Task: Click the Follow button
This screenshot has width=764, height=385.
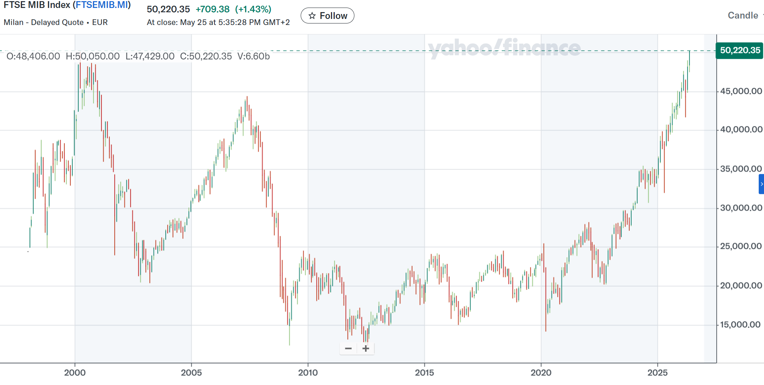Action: click(327, 16)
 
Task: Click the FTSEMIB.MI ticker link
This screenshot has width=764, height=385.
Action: click(102, 5)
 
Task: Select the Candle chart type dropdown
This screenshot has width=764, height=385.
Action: click(743, 16)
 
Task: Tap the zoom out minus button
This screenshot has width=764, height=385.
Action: click(348, 348)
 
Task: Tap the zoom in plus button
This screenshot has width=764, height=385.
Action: click(366, 348)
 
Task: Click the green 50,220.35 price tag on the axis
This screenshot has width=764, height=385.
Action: click(739, 50)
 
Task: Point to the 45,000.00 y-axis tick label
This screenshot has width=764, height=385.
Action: click(741, 91)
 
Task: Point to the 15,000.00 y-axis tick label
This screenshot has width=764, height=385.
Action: click(740, 324)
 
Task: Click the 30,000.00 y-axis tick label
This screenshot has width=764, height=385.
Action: click(741, 208)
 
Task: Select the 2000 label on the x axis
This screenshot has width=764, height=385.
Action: click(75, 373)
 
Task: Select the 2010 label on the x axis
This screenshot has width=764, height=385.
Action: click(308, 373)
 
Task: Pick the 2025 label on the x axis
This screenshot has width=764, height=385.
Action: click(657, 373)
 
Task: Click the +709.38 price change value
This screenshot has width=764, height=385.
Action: click(213, 9)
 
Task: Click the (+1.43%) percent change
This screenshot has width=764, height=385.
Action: click(253, 9)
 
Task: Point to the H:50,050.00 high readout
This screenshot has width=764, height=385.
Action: click(93, 56)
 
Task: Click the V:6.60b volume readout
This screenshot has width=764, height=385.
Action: click(253, 56)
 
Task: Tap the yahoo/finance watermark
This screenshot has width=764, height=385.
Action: click(504, 48)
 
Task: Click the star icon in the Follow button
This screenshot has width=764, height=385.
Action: click(312, 16)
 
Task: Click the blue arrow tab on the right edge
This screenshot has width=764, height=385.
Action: click(761, 184)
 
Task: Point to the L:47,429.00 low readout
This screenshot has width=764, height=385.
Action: click(150, 56)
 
